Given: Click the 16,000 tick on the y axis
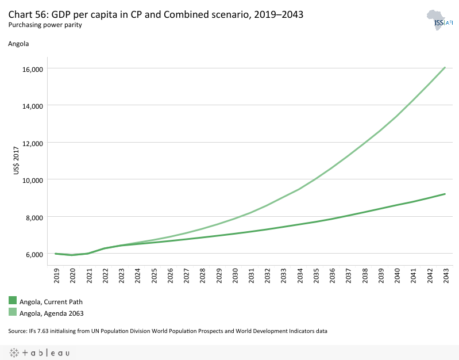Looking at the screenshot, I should (32, 69).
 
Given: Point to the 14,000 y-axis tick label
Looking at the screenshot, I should (32, 106).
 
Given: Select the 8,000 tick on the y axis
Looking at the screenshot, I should (34, 217).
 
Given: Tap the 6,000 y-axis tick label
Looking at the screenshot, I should (34, 254).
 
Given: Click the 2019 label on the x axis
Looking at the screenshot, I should (56, 277).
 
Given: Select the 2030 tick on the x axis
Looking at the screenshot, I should (234, 277).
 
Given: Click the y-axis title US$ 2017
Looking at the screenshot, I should (16, 162).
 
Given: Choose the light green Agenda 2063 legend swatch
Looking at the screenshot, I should (13, 312).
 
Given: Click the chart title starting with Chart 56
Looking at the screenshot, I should (156, 14).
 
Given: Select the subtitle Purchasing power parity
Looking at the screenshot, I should (45, 25).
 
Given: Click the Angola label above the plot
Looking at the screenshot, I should (18, 43).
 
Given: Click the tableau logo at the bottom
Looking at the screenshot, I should (40, 353).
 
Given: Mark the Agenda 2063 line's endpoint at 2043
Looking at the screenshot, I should (445, 67).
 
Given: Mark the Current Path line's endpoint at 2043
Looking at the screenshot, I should (445, 194).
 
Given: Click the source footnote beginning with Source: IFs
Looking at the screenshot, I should (167, 331).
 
